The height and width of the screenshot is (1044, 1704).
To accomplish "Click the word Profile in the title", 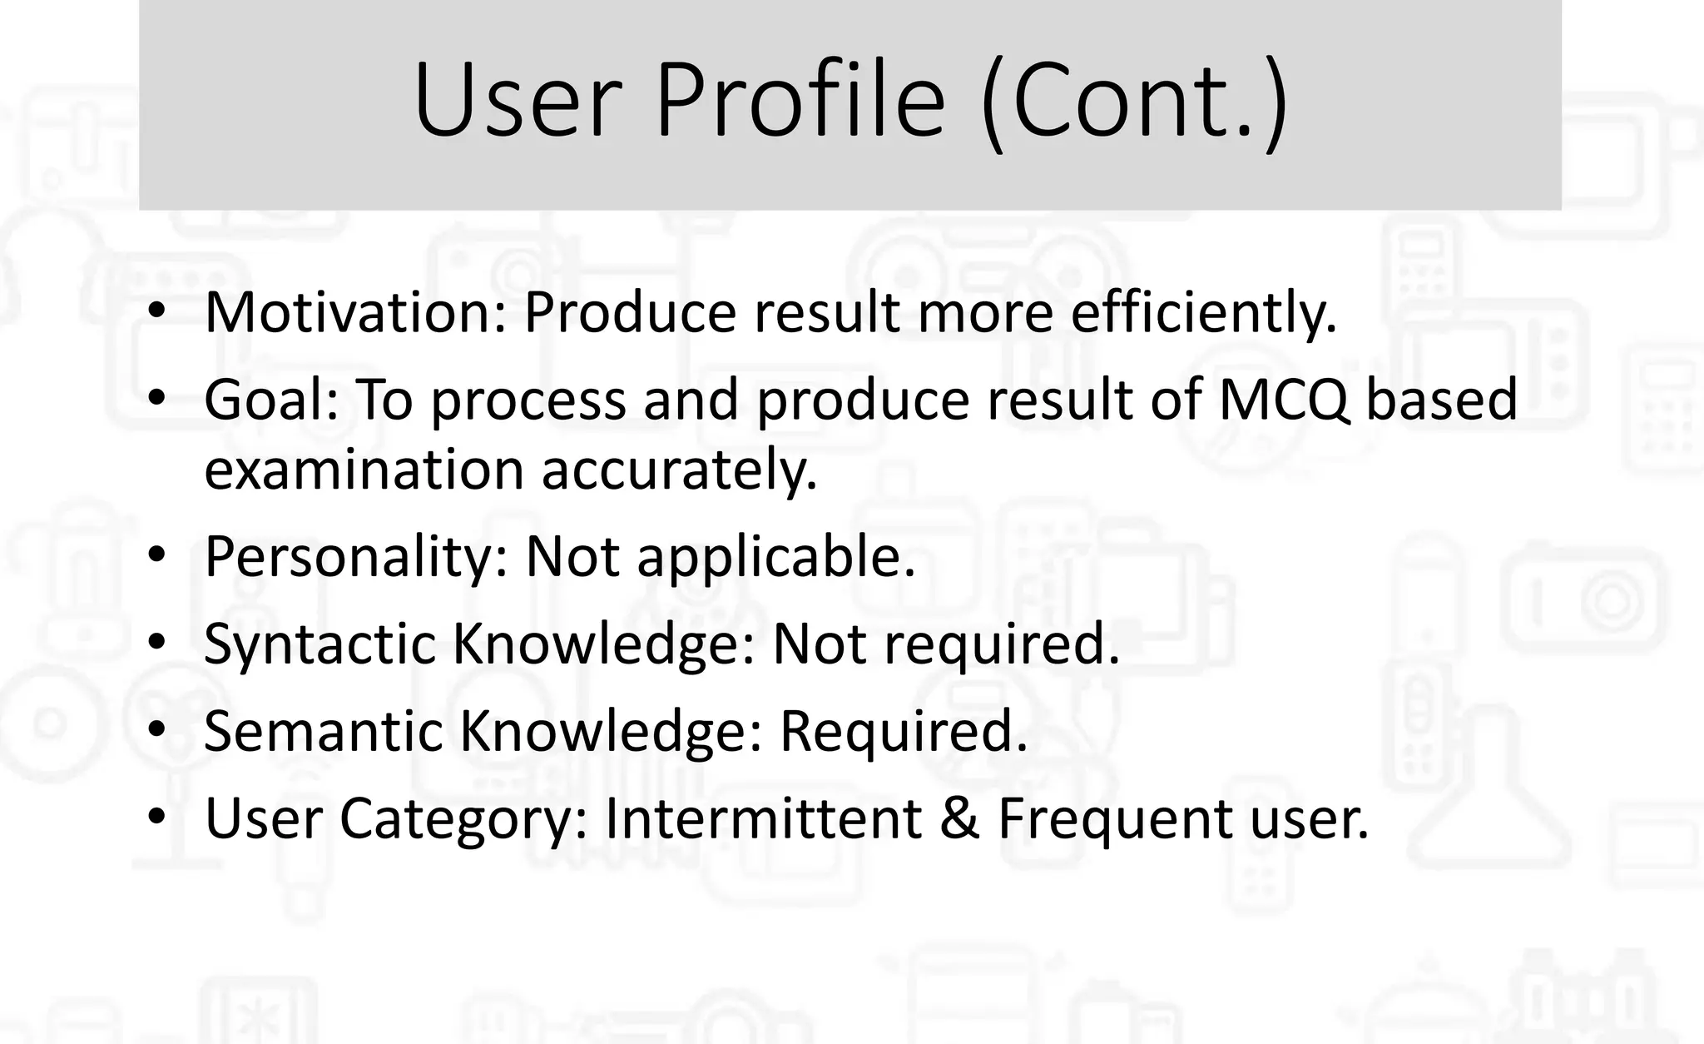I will click(800, 101).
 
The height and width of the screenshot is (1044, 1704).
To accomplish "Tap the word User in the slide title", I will click(518, 101).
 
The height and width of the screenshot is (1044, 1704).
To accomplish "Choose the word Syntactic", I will click(319, 644).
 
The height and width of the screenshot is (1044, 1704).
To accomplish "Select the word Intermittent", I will click(763, 818).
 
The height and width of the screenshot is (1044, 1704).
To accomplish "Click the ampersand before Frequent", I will click(959, 818).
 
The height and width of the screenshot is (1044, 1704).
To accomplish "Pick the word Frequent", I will click(1116, 818).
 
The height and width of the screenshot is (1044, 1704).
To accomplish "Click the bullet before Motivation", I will click(156, 313).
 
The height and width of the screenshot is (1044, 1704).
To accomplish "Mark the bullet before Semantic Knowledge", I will click(156, 732).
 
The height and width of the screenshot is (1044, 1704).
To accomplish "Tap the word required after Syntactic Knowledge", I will click(1001, 644).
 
